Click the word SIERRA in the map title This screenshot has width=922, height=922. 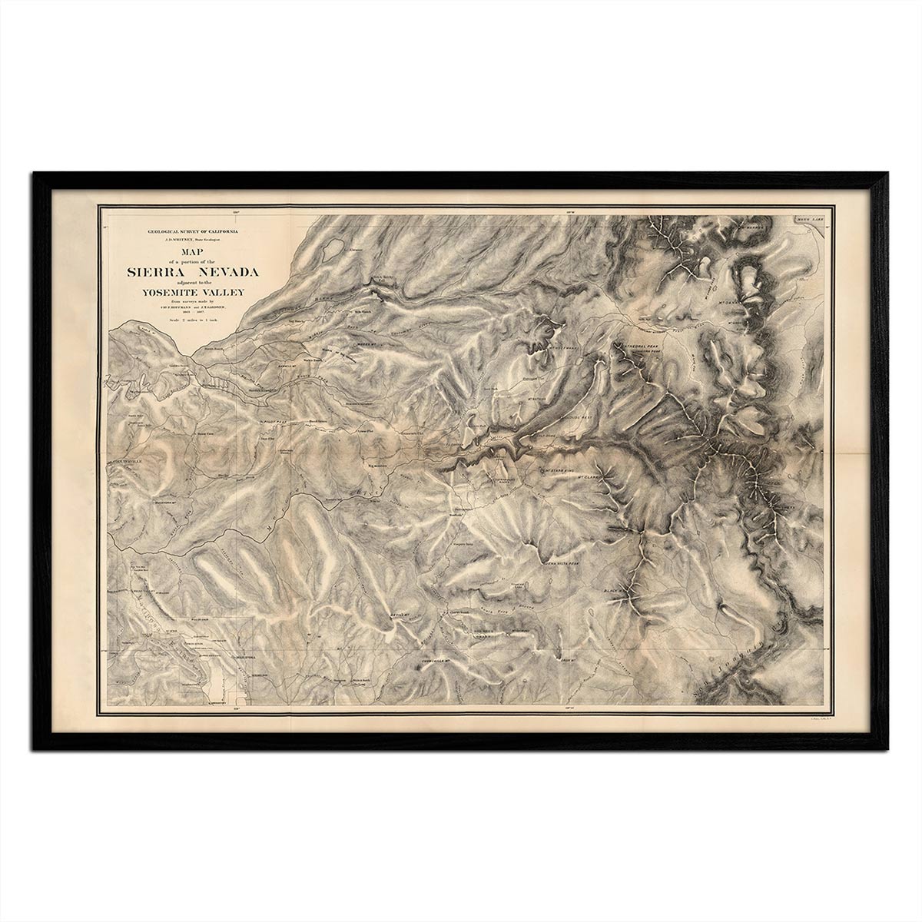click(x=154, y=272)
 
